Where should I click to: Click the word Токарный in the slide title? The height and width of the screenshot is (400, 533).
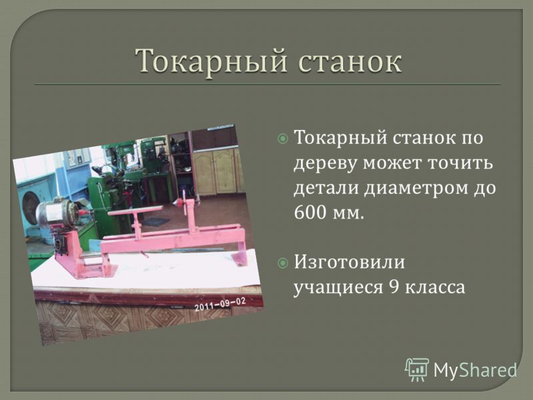(x=211, y=62)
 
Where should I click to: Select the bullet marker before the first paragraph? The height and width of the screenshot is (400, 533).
(x=282, y=139)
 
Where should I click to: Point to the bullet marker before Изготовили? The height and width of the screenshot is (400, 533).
(x=282, y=263)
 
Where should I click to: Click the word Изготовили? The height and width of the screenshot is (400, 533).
(x=349, y=263)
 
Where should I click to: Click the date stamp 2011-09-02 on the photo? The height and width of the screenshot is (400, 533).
(x=220, y=304)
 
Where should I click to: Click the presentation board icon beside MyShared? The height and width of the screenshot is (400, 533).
(x=417, y=369)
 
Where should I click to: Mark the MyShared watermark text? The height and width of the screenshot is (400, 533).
(x=475, y=371)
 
